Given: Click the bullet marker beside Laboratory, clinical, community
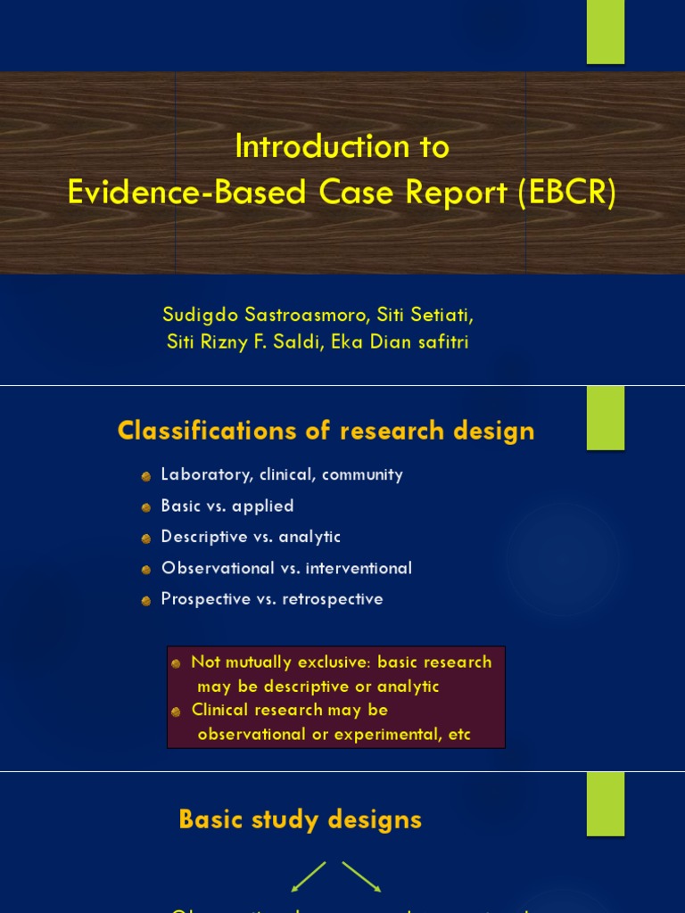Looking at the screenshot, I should coord(146,477).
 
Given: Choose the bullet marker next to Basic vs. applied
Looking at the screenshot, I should coord(146,507).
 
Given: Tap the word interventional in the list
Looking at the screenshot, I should coord(359,568).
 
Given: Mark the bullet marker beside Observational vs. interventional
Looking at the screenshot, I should coord(146,570).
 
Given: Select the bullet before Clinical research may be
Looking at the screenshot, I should coord(176,711).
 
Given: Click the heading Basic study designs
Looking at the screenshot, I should coord(300,820).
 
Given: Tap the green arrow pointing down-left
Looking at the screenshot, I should coord(309,876).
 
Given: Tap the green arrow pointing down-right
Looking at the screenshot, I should coord(362,876).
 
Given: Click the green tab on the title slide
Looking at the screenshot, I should coord(605,32).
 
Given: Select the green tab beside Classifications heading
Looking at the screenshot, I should coord(605,418).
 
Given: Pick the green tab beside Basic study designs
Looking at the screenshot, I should coord(605,803).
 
